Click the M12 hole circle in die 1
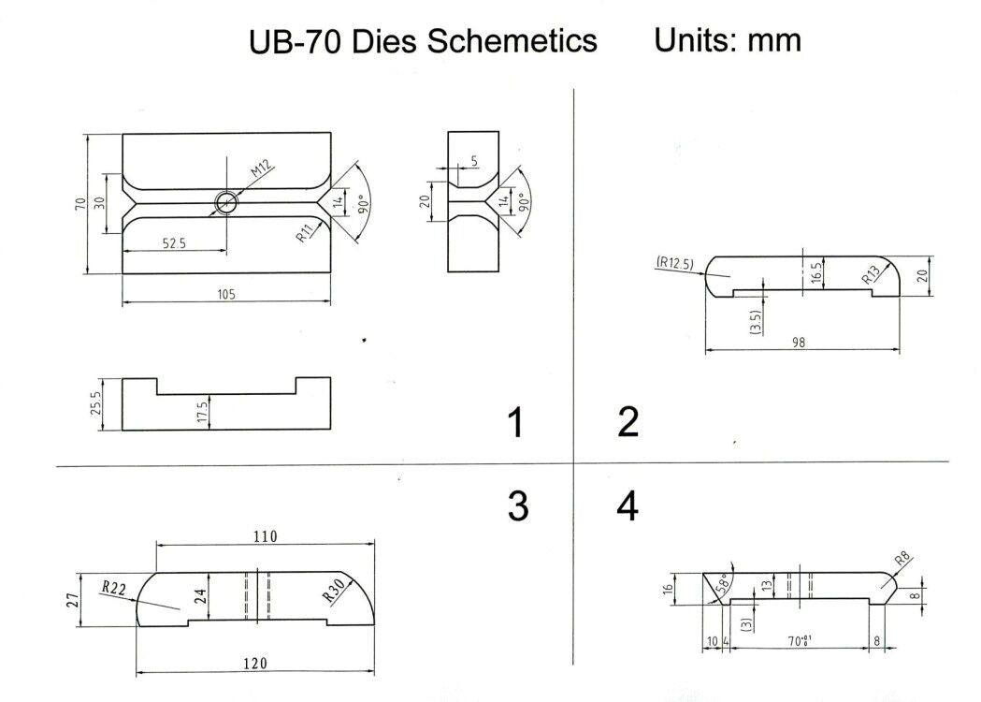227,202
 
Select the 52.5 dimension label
175,243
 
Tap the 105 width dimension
227,294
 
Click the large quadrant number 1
515,423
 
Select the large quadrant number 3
517,506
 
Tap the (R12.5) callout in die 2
675,263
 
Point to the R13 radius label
871,274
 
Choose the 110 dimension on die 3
265,537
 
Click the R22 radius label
113,588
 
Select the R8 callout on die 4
902,560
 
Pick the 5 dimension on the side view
474,161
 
